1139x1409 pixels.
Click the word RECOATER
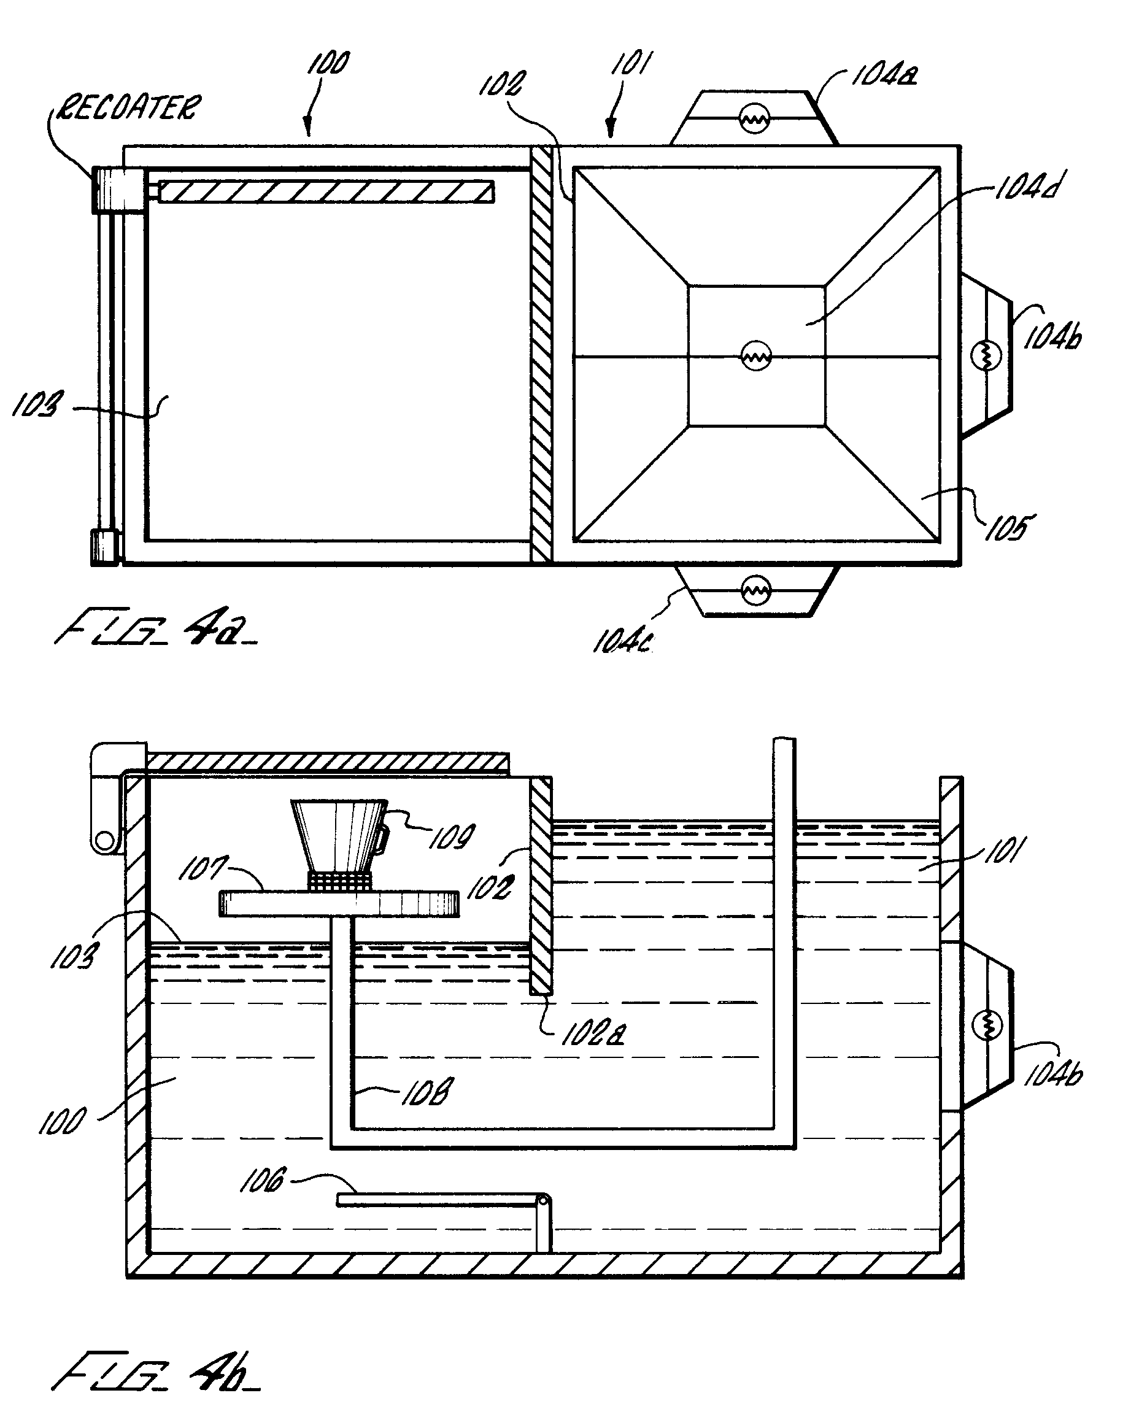128,108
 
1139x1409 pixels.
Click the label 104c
622,641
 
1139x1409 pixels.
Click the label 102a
593,1035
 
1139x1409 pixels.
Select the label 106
263,1180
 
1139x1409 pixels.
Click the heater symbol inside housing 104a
754,120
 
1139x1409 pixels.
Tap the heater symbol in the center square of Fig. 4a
756,356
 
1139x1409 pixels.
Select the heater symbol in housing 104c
755,591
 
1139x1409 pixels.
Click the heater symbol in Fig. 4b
987,1025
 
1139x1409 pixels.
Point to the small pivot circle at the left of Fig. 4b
104,840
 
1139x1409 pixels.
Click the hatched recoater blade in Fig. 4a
326,191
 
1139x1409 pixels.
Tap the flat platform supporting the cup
339,903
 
